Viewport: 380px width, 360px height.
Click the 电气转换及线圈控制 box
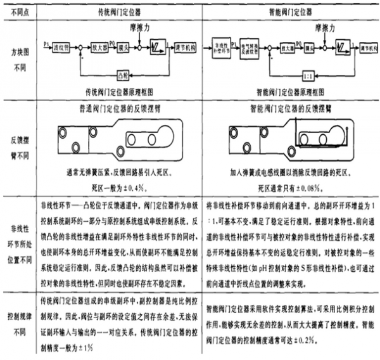coord(246,46)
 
